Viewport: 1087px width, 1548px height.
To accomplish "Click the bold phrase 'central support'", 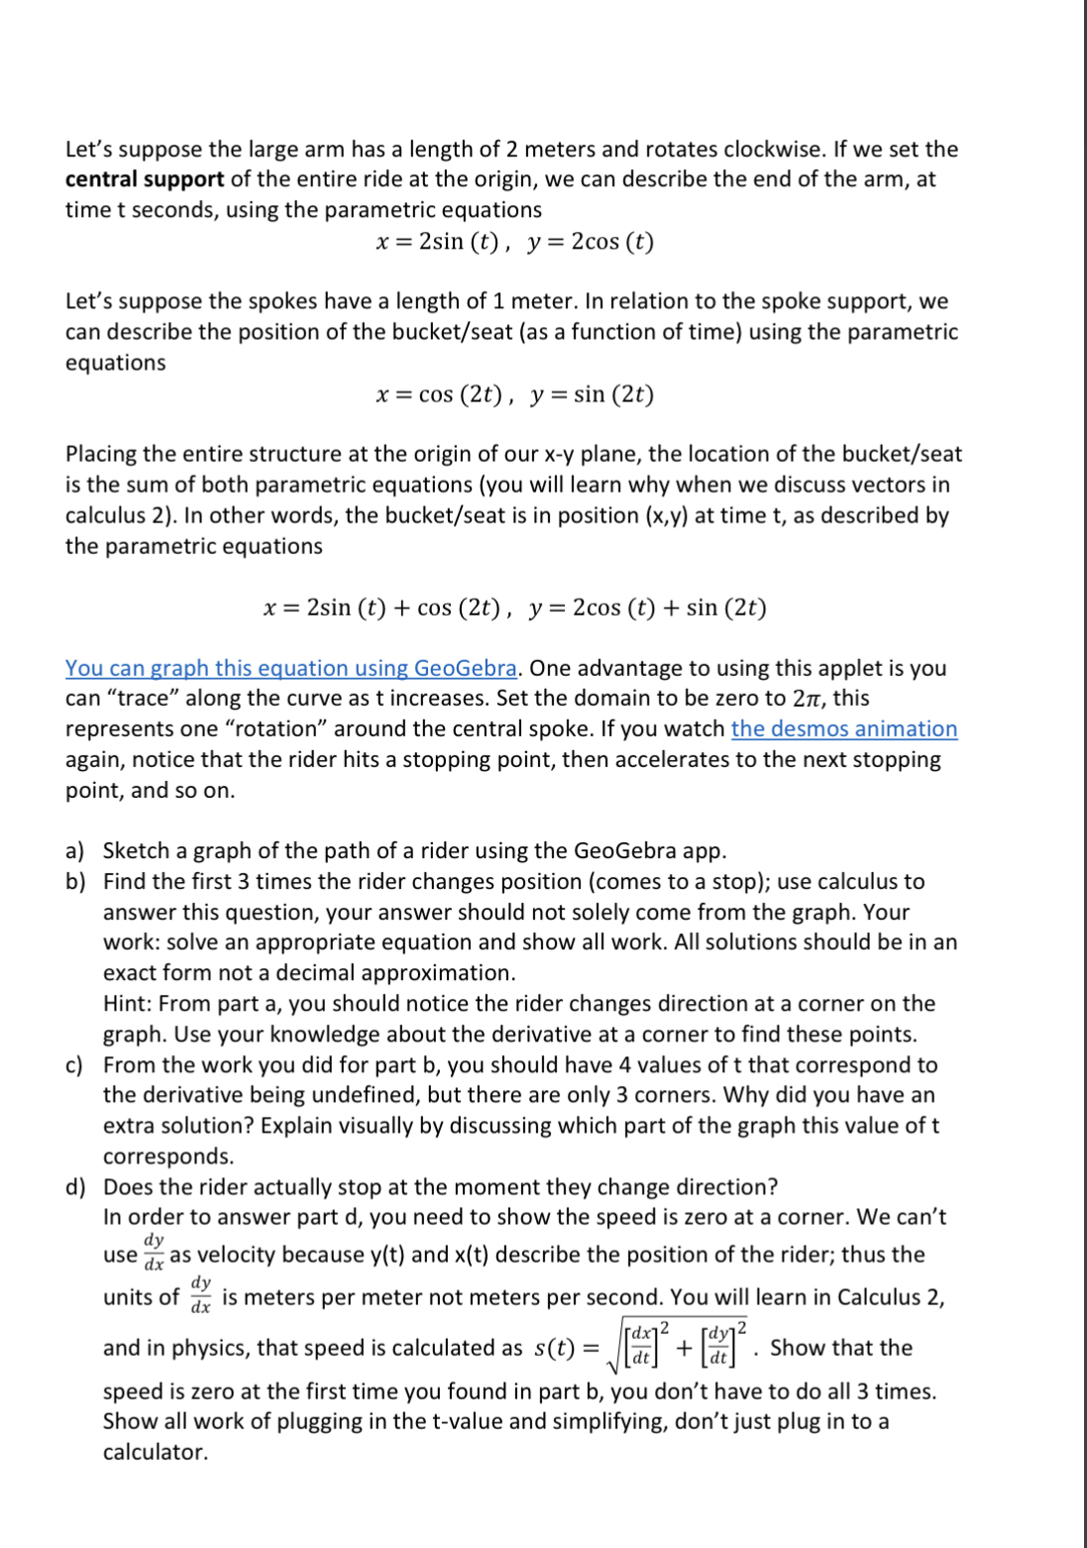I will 145,179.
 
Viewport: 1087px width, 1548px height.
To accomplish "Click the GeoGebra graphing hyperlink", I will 290,668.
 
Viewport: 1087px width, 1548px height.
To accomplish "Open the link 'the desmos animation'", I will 843,728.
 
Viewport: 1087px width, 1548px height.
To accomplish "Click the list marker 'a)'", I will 75,851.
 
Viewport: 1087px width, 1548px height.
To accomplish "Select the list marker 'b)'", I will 75,882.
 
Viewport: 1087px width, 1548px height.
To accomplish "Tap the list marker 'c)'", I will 74,1065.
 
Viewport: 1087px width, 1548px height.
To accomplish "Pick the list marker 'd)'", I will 75,1187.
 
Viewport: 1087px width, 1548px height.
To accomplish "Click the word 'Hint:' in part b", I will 128,1004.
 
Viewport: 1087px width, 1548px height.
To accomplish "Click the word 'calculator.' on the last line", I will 156,1453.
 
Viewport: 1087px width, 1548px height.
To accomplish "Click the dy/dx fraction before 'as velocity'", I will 154,1254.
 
